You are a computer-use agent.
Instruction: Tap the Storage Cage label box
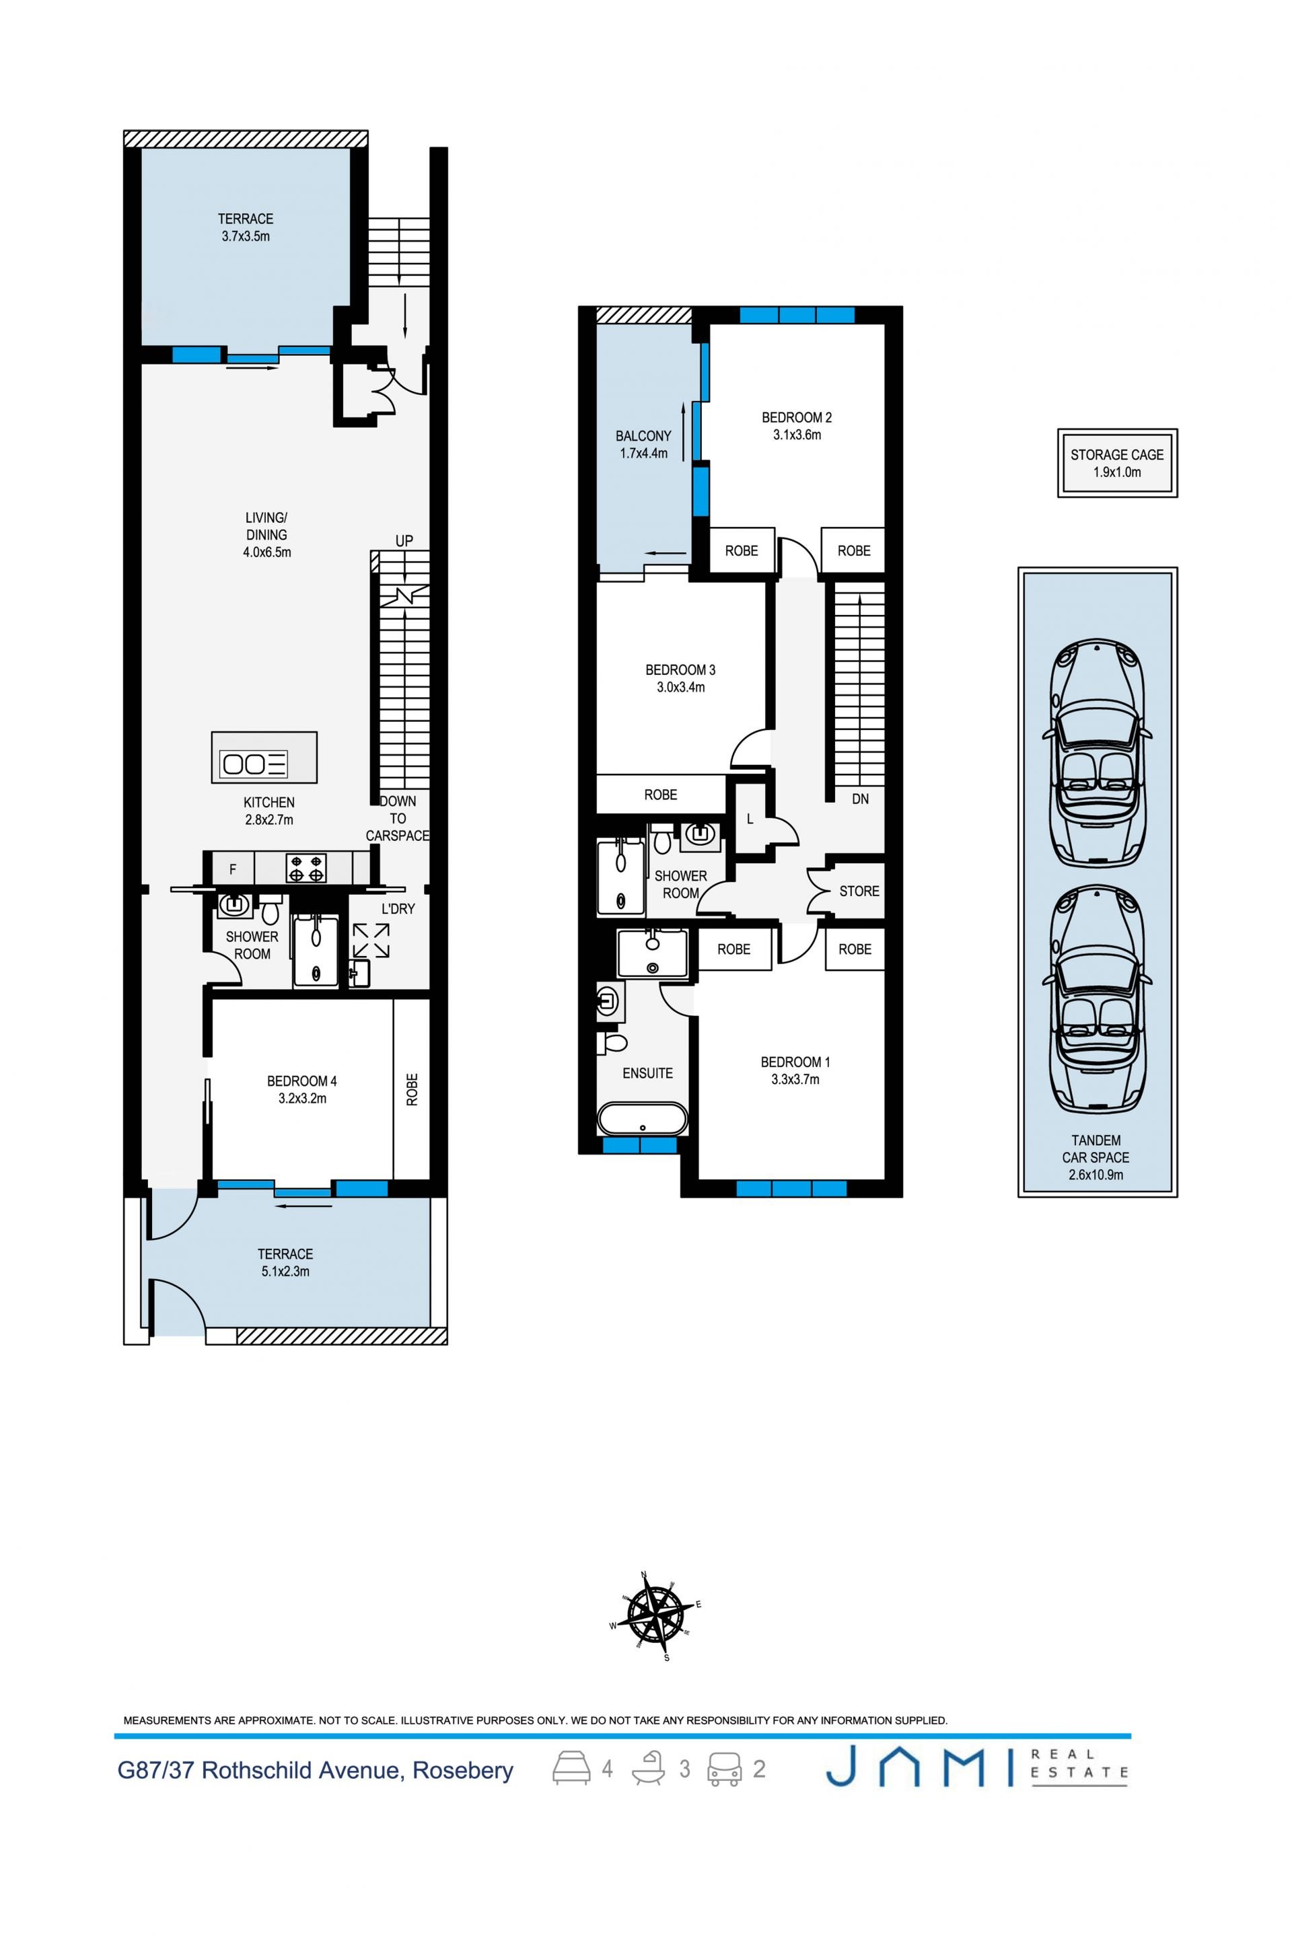[1117, 463]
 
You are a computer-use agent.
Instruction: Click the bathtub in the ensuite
[642, 1120]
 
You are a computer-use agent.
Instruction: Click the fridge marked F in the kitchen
[234, 869]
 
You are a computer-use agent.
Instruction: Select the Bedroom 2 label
[797, 418]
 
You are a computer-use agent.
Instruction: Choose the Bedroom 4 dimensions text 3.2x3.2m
[302, 1098]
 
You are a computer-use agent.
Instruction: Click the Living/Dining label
[266, 525]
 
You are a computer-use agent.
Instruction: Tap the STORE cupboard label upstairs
[859, 891]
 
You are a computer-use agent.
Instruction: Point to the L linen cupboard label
[750, 819]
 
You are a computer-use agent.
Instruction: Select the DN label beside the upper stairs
[860, 799]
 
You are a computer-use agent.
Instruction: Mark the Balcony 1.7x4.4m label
[643, 444]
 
